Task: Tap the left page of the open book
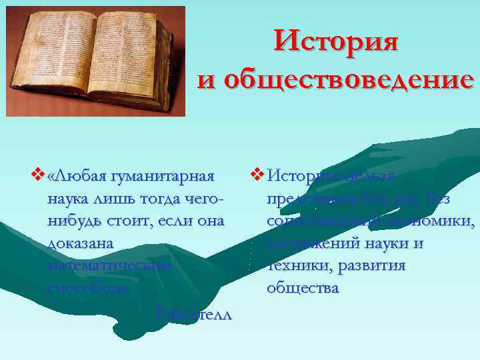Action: coord(60,53)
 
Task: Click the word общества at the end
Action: coord(302,288)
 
